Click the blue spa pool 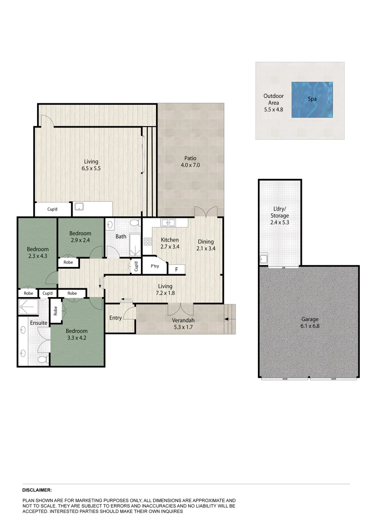coord(313,100)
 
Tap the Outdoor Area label coord(273,103)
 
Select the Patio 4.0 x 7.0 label coord(190,162)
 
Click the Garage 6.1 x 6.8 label coord(309,323)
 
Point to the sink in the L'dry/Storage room coord(264,258)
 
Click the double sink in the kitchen coord(168,223)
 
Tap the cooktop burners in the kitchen coord(148,241)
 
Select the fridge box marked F coord(176,269)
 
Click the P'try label coord(155,266)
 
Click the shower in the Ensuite coord(28,308)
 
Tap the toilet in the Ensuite coord(42,359)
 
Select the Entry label coord(116,318)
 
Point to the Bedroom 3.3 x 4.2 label coord(77,335)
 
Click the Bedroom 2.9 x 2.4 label coord(80,237)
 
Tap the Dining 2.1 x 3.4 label coord(205,245)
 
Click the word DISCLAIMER coord(37,490)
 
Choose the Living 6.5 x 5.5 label coord(91,165)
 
